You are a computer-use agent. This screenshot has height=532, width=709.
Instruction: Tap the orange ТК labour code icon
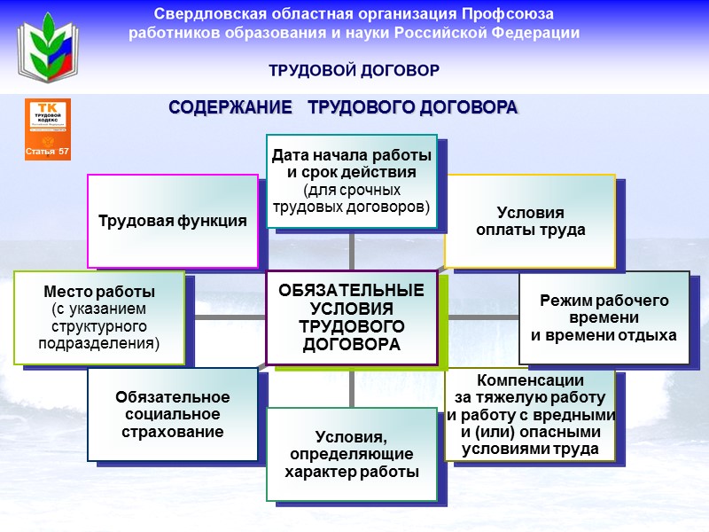48,129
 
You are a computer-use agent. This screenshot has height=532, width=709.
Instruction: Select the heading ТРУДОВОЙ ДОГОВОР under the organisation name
354,70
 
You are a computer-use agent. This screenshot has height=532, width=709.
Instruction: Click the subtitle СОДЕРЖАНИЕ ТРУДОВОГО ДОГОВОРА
343,107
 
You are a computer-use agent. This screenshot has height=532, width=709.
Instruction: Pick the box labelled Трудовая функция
172,221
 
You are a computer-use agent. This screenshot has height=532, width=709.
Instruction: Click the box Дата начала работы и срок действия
351,182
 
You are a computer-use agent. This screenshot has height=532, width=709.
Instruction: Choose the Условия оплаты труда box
530,222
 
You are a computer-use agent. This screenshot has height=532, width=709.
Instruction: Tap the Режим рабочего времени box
604,317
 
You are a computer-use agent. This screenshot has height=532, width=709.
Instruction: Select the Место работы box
99,317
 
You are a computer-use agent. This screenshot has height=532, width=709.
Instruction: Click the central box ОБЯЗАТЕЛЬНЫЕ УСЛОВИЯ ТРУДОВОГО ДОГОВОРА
351,317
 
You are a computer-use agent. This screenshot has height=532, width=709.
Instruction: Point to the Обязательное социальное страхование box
172,414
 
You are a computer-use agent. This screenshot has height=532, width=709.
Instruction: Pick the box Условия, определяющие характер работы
351,454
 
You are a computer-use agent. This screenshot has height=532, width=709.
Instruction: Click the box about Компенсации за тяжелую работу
530,414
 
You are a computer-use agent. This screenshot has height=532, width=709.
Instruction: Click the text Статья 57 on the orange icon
48,152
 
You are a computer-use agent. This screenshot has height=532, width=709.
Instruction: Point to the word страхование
172,432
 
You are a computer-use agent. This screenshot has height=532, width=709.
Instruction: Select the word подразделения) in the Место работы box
100,344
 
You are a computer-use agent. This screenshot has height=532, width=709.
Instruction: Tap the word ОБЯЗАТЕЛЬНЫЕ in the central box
351,291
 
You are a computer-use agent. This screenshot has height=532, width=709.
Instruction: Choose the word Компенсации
530,379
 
